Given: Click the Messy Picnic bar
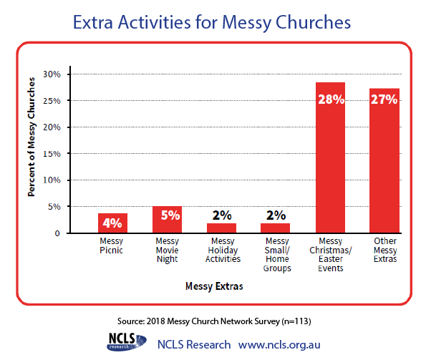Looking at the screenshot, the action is tap(112, 223).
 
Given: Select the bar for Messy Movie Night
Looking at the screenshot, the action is tap(167, 220).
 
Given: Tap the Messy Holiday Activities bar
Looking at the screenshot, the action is tap(221, 228).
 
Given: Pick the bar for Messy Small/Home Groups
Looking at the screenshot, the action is tap(275, 228).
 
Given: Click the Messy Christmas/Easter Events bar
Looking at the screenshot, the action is tap(330, 157).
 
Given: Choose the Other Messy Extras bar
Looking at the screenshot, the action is tap(384, 160).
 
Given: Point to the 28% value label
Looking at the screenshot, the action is tap(331, 99).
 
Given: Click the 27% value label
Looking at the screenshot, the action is tap(384, 99).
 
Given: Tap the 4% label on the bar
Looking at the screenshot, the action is tap(112, 223).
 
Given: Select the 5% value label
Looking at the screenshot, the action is tap(170, 215).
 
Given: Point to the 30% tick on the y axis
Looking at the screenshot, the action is tap(52, 74).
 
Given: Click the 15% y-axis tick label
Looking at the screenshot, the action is tap(52, 154).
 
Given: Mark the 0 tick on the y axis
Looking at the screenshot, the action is tap(57, 233).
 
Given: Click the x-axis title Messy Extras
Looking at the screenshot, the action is tap(214, 286).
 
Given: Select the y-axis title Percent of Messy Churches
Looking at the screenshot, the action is tap(32, 137).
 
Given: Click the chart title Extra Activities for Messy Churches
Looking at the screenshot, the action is tap(212, 22).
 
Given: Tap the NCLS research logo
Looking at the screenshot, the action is tap(126, 342).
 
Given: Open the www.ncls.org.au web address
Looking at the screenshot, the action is tap(279, 345).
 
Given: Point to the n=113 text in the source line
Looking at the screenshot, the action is tap(296, 321).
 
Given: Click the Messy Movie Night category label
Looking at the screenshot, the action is tap(167, 250).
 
